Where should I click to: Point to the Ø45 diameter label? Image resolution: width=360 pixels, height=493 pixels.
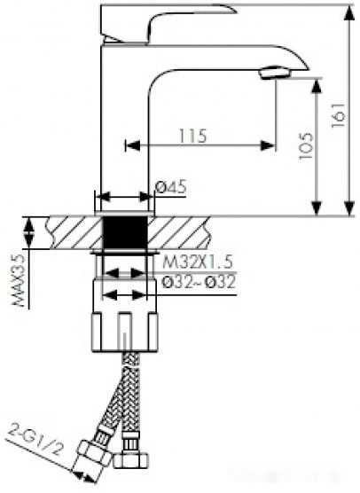tap(170, 187)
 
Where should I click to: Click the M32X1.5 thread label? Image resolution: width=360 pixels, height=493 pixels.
tap(198, 261)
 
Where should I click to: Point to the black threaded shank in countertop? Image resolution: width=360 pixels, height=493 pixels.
tap(125, 232)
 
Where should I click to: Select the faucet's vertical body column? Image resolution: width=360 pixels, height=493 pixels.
tap(125, 124)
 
